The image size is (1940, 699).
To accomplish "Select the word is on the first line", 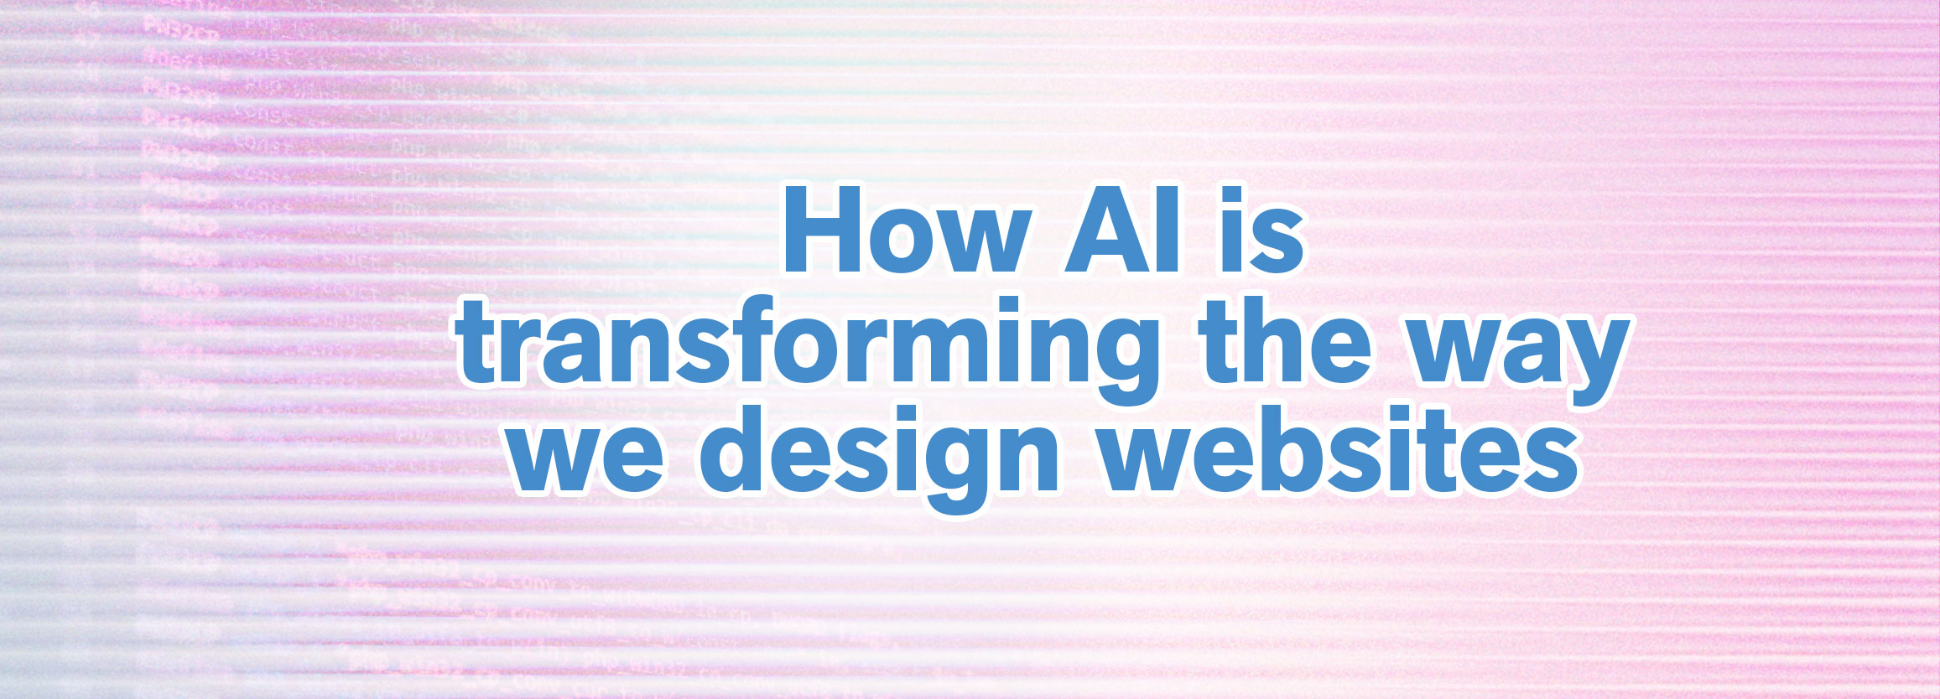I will (x=1258, y=230).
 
